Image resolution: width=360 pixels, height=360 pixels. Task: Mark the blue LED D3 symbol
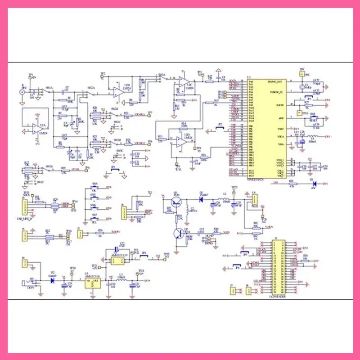coord(314,183)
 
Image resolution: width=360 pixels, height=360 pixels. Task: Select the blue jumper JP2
coord(220,127)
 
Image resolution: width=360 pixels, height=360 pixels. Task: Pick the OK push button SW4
coord(94,190)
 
